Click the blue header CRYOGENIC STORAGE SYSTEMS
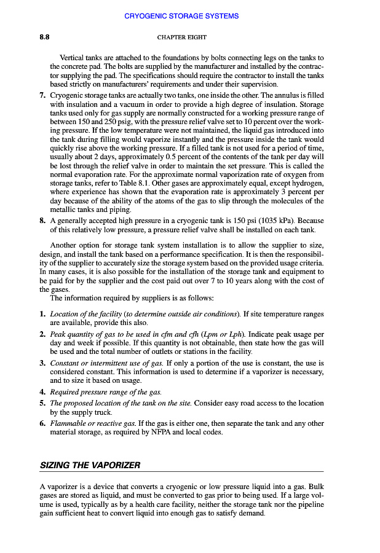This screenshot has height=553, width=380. click(190, 16)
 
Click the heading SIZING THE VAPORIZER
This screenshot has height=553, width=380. click(87, 465)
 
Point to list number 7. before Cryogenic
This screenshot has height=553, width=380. click(42, 96)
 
